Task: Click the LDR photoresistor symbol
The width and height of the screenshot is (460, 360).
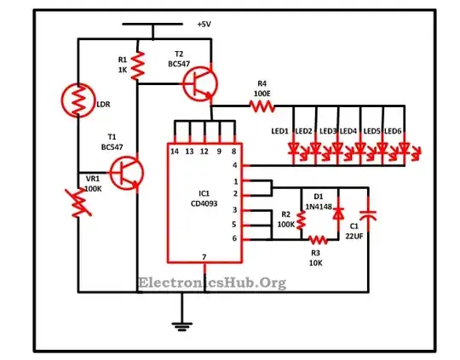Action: click(78, 100)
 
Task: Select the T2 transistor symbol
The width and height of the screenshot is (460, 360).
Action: click(200, 84)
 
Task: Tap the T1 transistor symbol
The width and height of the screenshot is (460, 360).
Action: click(127, 173)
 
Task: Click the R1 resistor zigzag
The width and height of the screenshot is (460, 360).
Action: click(137, 66)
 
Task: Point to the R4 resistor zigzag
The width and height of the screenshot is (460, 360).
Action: click(262, 106)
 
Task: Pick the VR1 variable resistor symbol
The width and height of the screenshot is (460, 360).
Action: click(78, 203)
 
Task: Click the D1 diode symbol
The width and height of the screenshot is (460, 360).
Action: click(338, 214)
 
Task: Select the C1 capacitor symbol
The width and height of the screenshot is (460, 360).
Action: click(368, 215)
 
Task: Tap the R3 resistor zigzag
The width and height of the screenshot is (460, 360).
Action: click(318, 240)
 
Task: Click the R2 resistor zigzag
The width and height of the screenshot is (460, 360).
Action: click(301, 220)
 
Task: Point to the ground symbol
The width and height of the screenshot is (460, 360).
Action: click(182, 326)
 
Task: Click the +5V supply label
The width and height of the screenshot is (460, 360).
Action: click(204, 24)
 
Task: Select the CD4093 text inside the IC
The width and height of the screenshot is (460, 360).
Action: click(204, 203)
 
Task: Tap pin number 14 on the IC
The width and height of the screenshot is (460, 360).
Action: click(175, 151)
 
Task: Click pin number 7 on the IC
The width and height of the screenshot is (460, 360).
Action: click(204, 257)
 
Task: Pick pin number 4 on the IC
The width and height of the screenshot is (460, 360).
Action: click(235, 165)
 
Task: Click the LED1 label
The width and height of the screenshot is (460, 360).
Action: click(280, 131)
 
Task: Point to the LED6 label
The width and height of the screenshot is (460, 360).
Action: click(393, 131)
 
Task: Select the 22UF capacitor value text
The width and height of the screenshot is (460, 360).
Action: click(354, 236)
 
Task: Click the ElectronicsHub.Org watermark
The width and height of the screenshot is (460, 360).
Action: click(212, 283)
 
